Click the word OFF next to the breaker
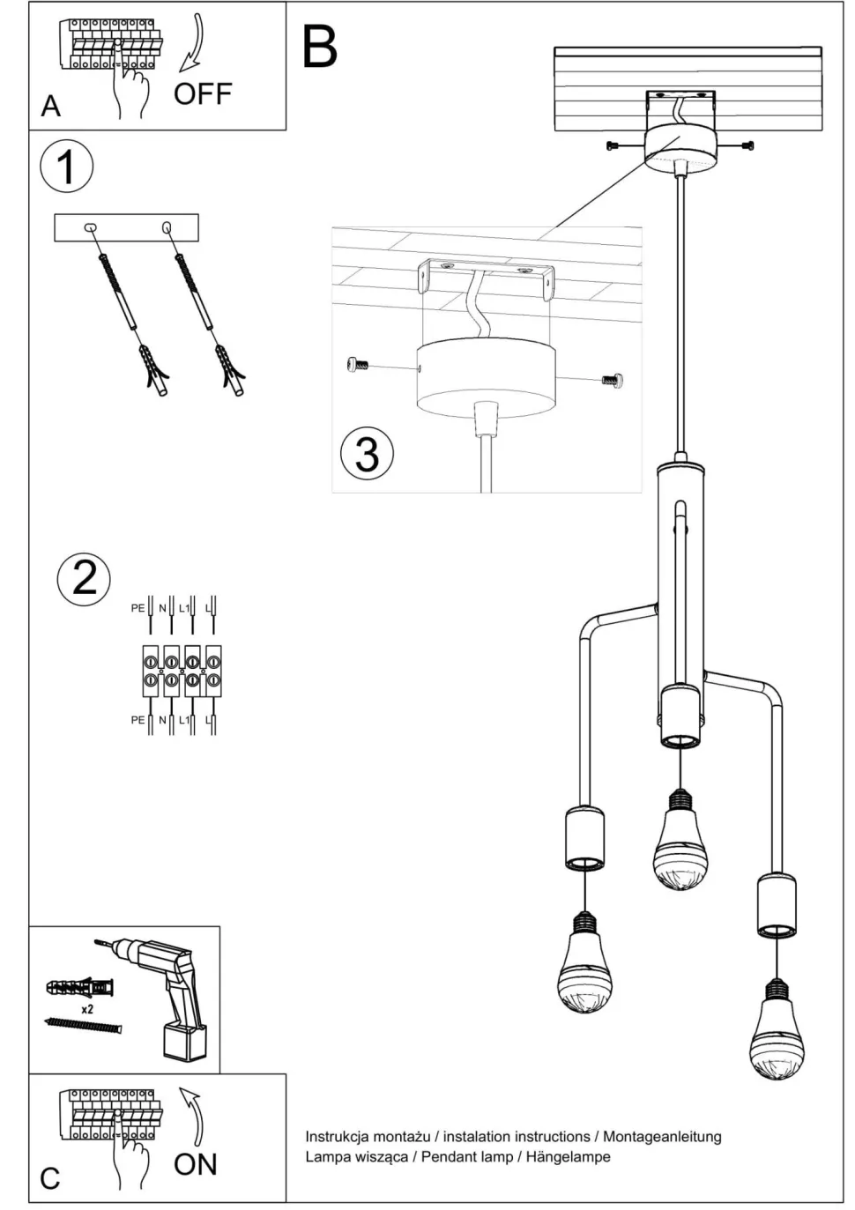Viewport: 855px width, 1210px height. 202,93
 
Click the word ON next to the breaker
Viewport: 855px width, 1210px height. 196,1164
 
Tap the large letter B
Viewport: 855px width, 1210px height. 319,48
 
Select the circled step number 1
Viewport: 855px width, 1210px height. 66,167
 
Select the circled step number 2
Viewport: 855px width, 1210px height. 84,578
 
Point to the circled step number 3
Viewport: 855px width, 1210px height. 367,453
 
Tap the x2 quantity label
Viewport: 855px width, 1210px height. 87,1008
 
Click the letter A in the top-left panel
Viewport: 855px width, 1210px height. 51,106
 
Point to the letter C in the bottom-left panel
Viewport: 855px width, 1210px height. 50,1178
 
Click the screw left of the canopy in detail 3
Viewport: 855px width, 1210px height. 358,363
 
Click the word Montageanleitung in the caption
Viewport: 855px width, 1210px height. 662,1137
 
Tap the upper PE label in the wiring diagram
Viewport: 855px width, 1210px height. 138,608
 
